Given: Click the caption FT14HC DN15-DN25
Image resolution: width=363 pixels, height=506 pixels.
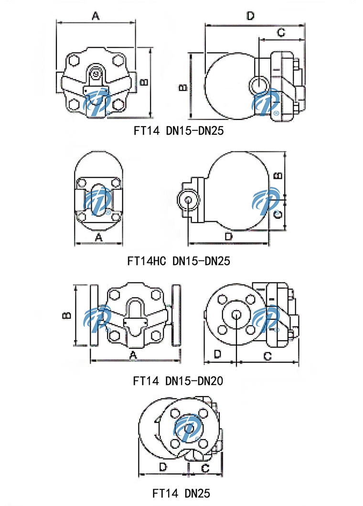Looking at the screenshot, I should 179,261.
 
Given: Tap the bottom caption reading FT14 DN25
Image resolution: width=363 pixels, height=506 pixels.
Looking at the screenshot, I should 181,492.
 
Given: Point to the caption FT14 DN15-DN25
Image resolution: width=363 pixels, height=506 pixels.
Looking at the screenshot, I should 179,131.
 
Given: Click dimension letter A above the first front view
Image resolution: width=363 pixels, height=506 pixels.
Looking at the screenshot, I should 96,16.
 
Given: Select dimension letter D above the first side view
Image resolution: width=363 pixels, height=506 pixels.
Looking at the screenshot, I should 250,16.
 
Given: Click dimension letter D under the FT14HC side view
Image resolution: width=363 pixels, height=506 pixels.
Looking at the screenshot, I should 228,237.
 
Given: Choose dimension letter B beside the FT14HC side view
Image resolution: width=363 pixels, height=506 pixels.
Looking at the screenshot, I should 278,175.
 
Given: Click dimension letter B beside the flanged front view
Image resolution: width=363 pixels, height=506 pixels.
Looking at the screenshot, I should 67,315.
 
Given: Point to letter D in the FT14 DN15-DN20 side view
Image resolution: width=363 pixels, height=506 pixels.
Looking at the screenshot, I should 217,354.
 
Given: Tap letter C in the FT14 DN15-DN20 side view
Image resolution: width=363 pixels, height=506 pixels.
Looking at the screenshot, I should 268,356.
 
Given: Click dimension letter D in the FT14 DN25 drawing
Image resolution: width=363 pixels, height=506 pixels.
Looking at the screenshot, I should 162,466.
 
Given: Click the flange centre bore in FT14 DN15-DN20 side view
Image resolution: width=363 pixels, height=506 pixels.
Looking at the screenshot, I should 237,314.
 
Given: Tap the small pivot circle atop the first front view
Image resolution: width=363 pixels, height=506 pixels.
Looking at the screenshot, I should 97,75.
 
